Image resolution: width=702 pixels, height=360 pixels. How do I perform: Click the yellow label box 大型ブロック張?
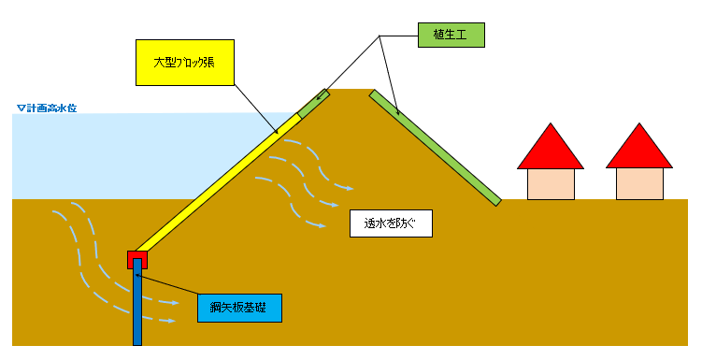point(183,63)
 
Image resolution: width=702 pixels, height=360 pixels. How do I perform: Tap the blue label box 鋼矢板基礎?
point(239,306)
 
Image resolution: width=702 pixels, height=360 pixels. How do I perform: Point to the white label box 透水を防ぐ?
point(390,223)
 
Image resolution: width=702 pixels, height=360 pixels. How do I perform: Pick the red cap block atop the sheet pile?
point(137,259)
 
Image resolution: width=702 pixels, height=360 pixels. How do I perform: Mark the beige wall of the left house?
point(551,183)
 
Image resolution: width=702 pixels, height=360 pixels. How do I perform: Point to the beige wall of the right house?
point(639,183)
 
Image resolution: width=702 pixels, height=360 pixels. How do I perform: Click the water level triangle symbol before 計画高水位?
point(20,108)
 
